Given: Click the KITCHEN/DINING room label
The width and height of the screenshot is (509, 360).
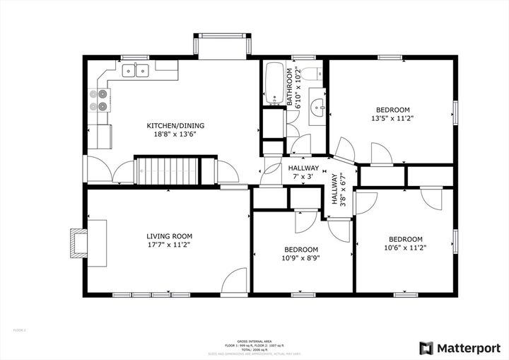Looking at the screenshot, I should (x=170, y=125).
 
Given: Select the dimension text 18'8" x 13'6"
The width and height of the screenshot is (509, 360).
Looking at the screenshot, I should (x=170, y=134).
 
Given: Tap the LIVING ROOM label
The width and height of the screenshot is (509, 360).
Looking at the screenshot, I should (x=169, y=236).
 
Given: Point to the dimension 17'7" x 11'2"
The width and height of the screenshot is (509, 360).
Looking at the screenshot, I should (x=169, y=245).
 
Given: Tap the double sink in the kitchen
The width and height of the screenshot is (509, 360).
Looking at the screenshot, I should (x=136, y=70).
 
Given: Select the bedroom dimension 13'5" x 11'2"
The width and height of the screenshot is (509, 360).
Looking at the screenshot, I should (x=392, y=119).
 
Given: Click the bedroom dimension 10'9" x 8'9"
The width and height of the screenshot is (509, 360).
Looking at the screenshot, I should (x=301, y=258).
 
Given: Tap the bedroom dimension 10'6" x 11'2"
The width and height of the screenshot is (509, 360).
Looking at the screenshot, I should (x=406, y=248).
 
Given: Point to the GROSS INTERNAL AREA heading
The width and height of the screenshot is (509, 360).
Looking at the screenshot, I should (x=254, y=340).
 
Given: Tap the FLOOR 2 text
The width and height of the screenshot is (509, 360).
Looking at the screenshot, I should (x=20, y=330).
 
